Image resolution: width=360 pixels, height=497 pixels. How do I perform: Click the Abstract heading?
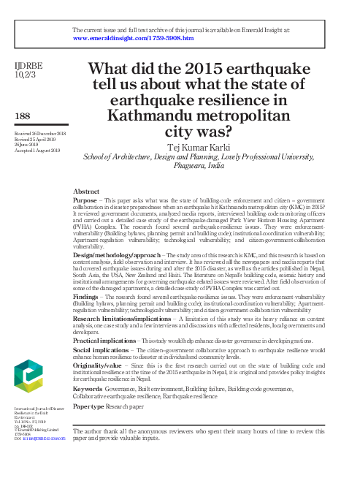click(88, 190)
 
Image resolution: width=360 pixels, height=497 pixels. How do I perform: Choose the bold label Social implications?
click(102, 351)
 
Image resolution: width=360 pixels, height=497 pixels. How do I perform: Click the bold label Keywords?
click(88, 388)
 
